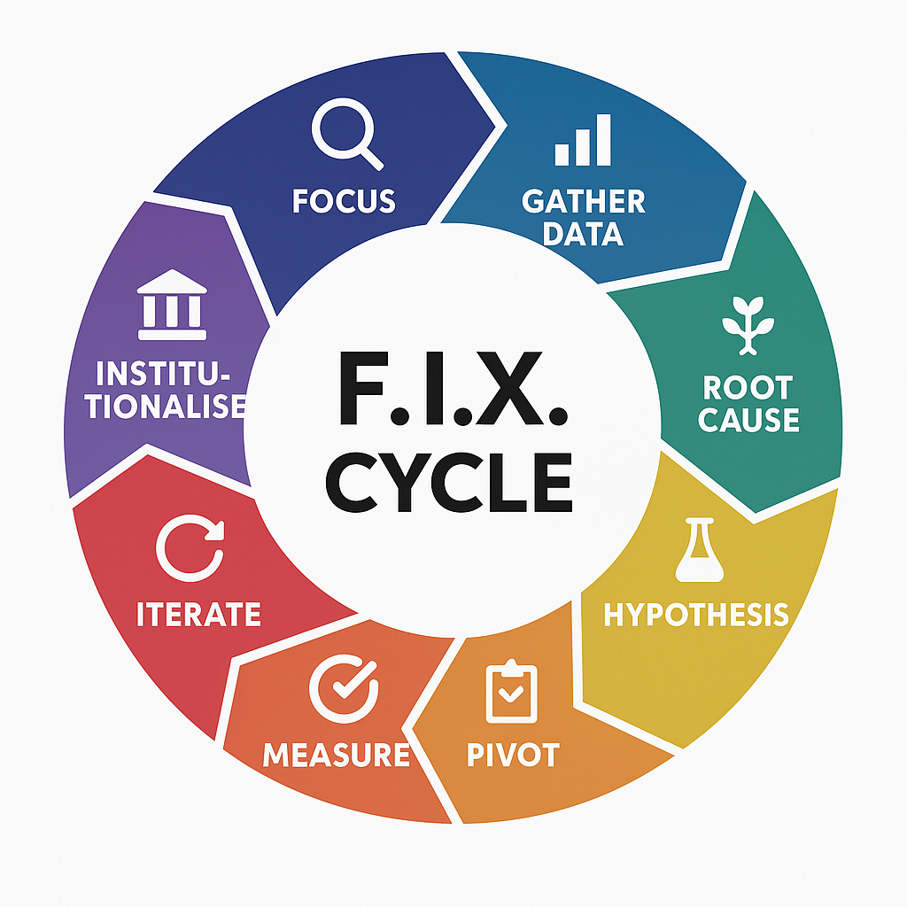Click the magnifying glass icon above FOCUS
345,138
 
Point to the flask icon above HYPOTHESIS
694,551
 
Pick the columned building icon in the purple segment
172,306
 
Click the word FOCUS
344,201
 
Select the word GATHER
584,201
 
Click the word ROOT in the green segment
748,387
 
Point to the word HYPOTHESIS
696,614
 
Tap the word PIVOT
513,756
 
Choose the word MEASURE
337,756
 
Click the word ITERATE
198,614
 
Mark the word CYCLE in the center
449,482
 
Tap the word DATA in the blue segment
584,234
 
